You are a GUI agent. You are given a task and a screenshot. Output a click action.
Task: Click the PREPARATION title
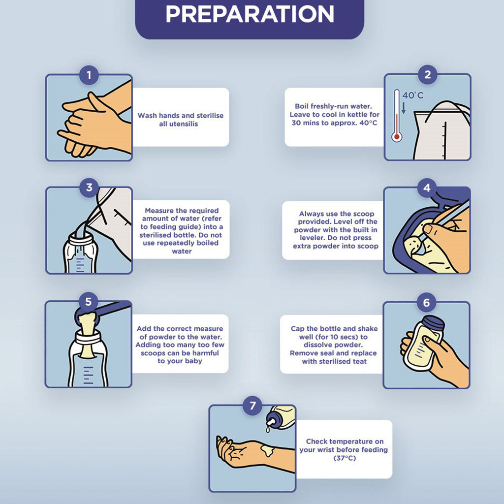tap(250, 14)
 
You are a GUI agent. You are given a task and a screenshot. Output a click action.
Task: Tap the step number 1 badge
tap(89, 75)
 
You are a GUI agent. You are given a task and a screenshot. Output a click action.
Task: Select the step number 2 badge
tap(427, 75)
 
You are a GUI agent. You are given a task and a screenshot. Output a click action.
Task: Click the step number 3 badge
tap(89, 188)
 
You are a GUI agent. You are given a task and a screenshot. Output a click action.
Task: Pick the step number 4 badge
tap(427, 188)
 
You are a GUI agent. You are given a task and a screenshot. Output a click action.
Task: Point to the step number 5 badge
tap(89, 302)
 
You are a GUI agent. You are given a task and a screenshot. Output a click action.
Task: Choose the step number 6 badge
tap(427, 303)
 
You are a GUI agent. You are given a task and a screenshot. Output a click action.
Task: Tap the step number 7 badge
tap(252, 406)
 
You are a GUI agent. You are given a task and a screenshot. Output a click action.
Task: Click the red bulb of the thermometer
tap(397, 137)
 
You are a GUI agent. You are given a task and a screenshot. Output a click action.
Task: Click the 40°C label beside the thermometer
tap(413, 95)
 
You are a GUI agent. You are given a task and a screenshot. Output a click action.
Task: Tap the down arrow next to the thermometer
tap(404, 108)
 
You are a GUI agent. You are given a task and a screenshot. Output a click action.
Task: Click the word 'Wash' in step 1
tap(147, 116)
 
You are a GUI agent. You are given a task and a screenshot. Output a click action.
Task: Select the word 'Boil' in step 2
tap(301, 106)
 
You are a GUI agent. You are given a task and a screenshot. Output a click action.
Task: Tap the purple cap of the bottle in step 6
tap(433, 324)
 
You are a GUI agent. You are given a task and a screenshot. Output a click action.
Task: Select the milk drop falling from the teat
tap(268, 429)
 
